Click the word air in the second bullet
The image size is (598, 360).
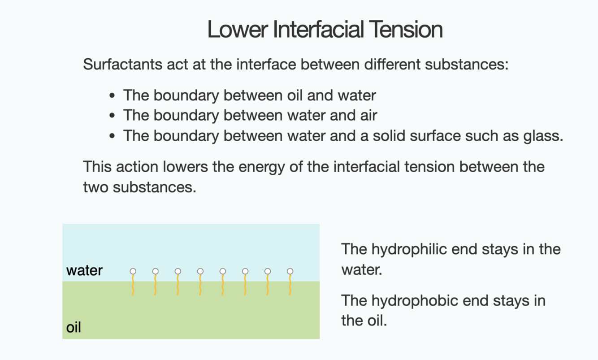coord(368,115)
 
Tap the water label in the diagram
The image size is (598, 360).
coord(84,270)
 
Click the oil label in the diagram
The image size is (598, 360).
coord(74,327)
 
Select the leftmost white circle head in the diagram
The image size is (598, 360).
coord(133,271)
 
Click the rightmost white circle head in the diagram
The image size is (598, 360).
coord(290,271)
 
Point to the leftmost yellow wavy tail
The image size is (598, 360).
coord(133,285)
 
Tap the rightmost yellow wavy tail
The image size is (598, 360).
coord(290,285)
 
